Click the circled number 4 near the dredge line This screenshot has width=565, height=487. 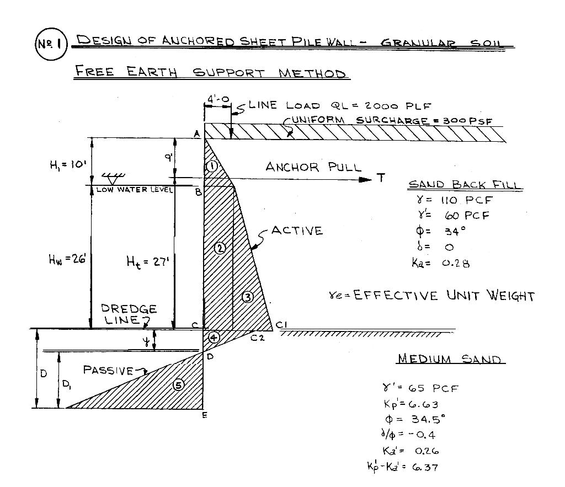pos(214,337)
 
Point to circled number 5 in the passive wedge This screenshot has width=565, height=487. pos(179,385)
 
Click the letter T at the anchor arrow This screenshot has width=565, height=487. pos(381,178)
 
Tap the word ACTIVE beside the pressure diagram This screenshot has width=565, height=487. pos(297,231)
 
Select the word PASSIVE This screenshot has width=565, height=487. pos(108,370)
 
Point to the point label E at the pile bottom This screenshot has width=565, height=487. pos(204,415)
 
